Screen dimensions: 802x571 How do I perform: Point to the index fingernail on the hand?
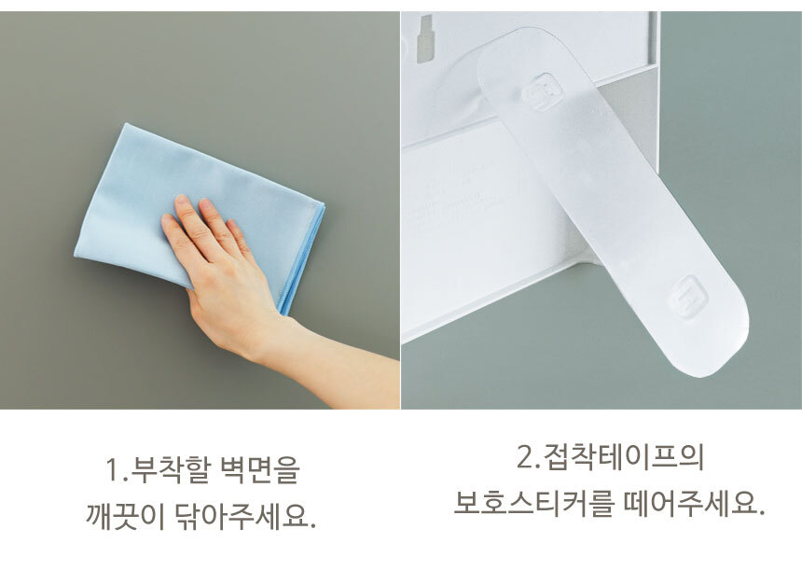(x=182, y=200)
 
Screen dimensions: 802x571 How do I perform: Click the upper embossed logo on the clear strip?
(x=543, y=91)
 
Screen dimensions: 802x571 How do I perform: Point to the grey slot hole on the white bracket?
(x=425, y=39)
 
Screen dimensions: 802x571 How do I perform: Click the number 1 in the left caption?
(x=114, y=470)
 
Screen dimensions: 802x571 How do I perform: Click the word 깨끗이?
(x=125, y=516)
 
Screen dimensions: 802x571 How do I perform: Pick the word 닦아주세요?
(x=245, y=516)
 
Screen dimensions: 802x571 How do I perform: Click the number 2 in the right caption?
(x=525, y=457)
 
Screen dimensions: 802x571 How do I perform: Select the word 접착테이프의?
(x=625, y=457)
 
